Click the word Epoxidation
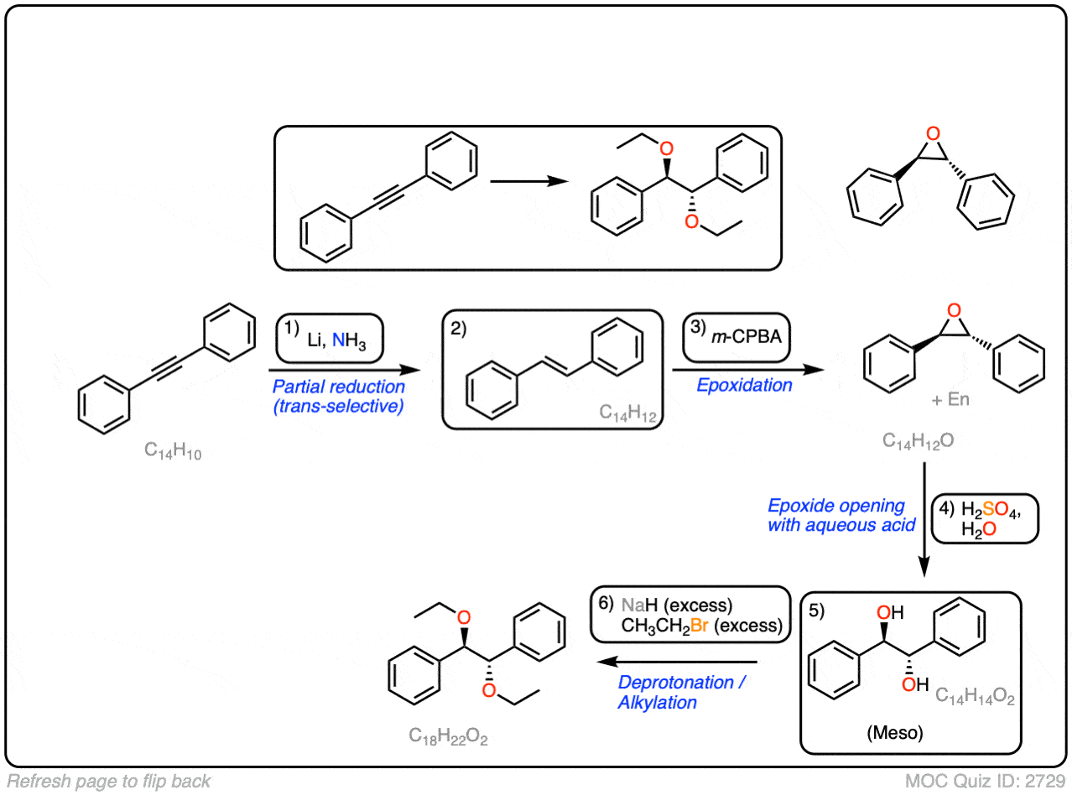tap(745, 385)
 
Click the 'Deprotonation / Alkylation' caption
tap(680, 692)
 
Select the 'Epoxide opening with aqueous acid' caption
tap(837, 516)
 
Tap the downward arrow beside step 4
tap(924, 520)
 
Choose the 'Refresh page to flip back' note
tap(108, 782)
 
